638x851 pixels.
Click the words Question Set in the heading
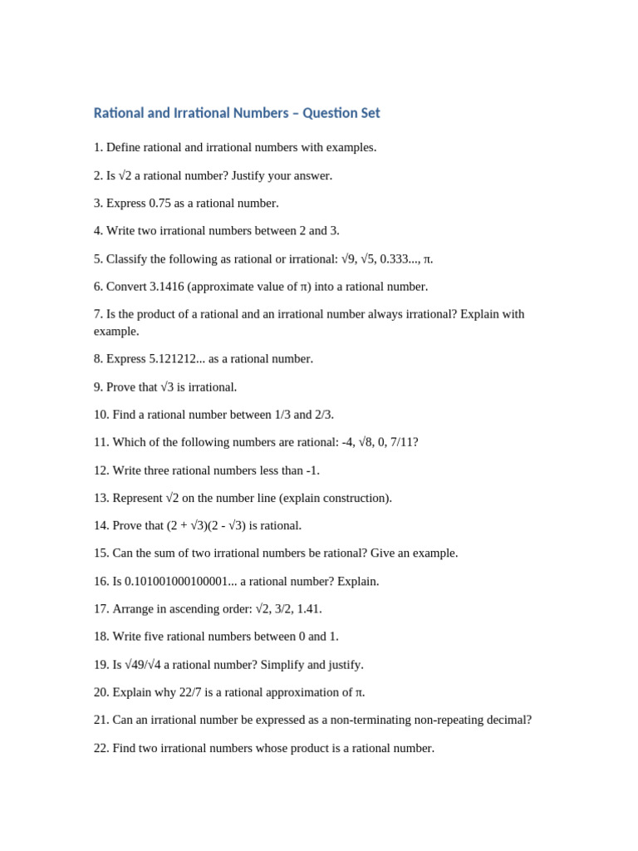pyautogui.click(x=341, y=113)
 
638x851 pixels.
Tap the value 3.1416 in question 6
pyautogui.click(x=169, y=287)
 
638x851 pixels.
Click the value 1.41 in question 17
pyautogui.click(x=308, y=608)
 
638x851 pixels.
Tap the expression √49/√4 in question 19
pyautogui.click(x=139, y=664)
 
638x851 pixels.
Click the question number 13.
pyautogui.click(x=101, y=498)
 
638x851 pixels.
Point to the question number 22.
pyautogui.click(x=101, y=748)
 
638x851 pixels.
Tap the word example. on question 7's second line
pyautogui.click(x=116, y=331)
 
